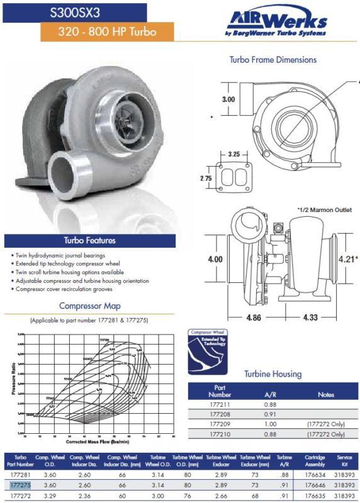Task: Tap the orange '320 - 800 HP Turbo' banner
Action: point(107,31)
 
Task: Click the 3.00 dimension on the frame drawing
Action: point(228,99)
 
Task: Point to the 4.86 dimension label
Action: point(253,318)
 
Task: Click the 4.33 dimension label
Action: point(310,318)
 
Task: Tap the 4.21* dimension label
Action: point(347,258)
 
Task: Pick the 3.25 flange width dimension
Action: point(233,153)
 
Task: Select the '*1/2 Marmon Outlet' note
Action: point(324,209)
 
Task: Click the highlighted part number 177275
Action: point(21,485)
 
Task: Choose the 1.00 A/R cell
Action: point(271,425)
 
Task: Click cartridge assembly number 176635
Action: point(315,495)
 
